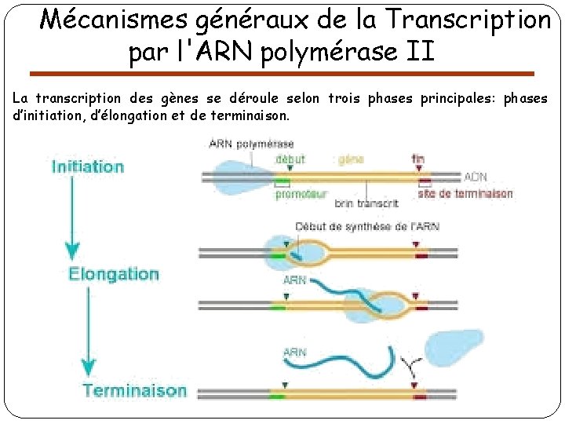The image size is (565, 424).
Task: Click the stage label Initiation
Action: pyautogui.click(x=88, y=166)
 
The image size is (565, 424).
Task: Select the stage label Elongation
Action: pyautogui.click(x=114, y=274)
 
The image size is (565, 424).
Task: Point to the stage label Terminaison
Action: pyautogui.click(x=135, y=390)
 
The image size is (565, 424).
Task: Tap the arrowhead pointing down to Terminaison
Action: pyautogui.click(x=89, y=367)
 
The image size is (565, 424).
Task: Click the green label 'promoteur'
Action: pyautogui.click(x=301, y=195)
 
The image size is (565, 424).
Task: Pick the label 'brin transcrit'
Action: pyautogui.click(x=366, y=203)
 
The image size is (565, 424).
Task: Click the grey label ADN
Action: pyautogui.click(x=476, y=177)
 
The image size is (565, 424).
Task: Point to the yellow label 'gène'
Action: pyautogui.click(x=351, y=159)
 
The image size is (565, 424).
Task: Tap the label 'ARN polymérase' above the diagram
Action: pyautogui.click(x=251, y=144)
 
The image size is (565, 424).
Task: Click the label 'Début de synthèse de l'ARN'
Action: pyautogui.click(x=367, y=227)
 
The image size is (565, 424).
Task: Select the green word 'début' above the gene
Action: pyautogui.click(x=290, y=159)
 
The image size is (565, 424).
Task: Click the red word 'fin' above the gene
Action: pyautogui.click(x=417, y=159)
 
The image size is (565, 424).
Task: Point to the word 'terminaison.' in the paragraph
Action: pyautogui.click(x=251, y=115)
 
